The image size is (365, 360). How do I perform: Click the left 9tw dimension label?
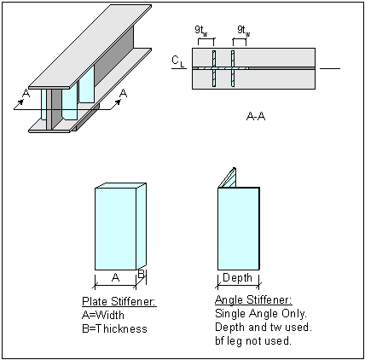[203, 31]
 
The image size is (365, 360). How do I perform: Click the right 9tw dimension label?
[243, 31]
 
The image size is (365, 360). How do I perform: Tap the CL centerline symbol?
[176, 61]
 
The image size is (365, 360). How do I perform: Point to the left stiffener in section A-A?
[215, 68]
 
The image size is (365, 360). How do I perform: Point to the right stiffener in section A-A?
[232, 68]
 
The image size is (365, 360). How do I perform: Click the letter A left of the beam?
[26, 95]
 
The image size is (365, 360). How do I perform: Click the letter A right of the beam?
[125, 92]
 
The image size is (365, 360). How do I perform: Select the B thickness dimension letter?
[142, 276]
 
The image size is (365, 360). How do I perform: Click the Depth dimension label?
[238, 277]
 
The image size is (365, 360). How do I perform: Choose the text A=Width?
[102, 314]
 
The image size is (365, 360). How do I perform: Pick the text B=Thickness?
[114, 328]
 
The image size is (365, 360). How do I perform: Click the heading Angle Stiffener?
[254, 301]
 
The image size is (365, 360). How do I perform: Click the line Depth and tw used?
[261, 328]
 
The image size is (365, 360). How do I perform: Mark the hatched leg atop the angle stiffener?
[228, 176]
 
